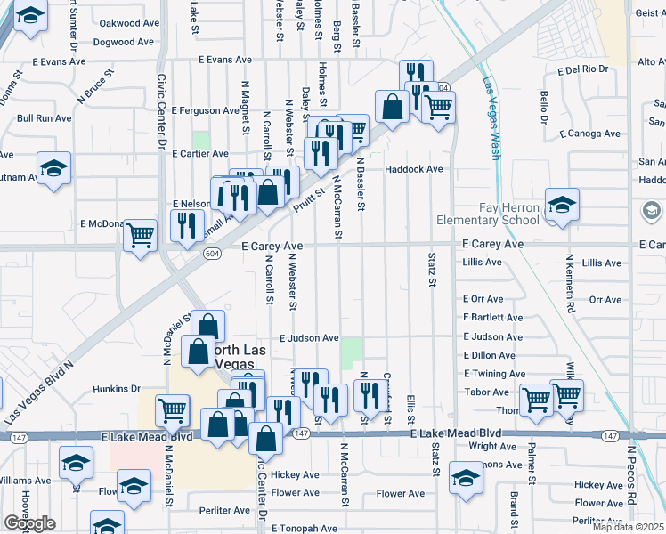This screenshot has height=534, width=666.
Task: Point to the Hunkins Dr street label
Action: coord(118,389)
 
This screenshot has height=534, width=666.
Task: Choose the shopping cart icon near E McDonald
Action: coord(140,235)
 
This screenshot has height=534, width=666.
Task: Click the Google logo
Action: coord(29,523)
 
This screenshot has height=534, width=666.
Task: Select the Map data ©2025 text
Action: coord(628,527)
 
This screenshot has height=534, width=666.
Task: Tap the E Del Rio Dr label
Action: coord(582,69)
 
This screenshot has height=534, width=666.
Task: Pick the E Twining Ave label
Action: coord(495,374)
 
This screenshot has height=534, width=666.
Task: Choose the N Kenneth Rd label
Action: coord(570,285)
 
